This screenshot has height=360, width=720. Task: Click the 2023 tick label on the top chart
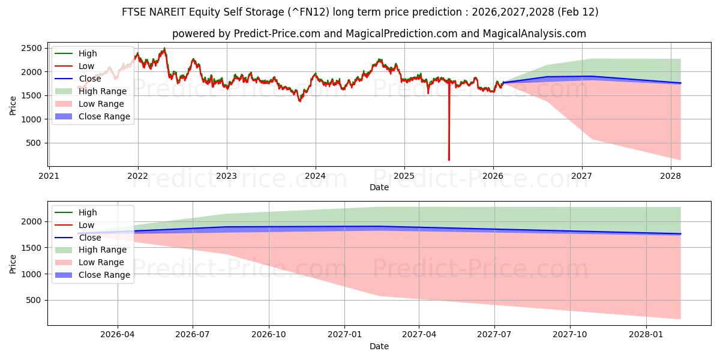coord(226,176)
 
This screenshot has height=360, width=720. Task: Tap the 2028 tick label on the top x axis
coord(670,176)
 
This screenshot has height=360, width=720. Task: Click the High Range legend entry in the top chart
coord(103,91)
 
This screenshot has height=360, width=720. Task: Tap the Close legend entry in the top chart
coord(90,79)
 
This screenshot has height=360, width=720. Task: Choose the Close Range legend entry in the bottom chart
coord(104,275)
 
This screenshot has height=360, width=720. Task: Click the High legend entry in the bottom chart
coord(88,212)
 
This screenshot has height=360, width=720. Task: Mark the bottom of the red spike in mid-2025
coord(449,160)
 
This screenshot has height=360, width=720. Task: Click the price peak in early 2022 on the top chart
coord(164,49)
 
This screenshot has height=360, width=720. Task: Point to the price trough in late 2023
coord(300,101)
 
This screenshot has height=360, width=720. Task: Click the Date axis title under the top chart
coord(379,187)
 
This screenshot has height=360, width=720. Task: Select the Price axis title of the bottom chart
coord(13,263)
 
